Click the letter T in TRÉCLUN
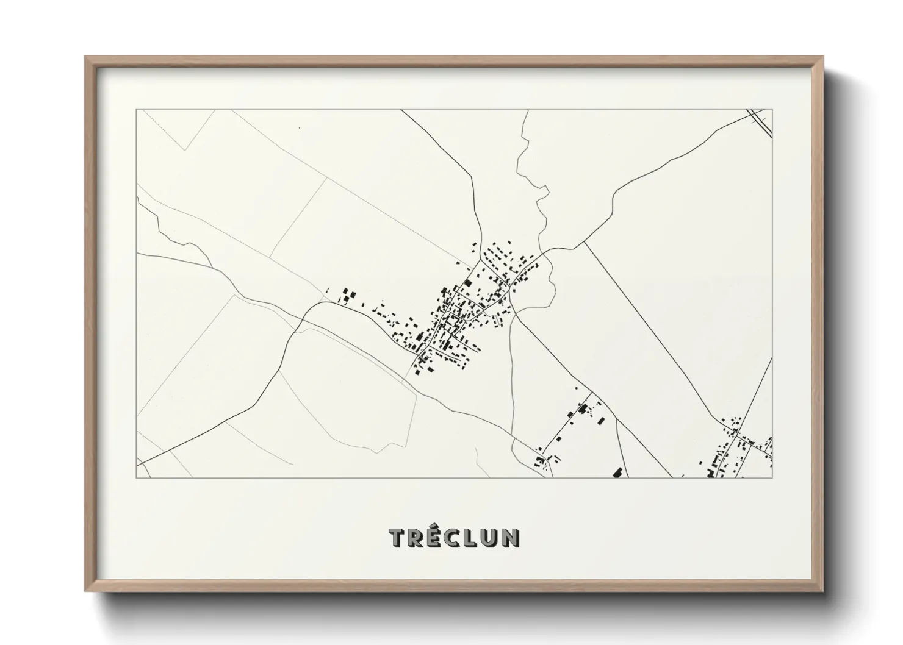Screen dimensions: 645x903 [398, 537]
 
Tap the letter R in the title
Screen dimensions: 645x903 [417, 537]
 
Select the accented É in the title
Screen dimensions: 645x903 [435, 536]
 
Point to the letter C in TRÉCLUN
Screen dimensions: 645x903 [455, 537]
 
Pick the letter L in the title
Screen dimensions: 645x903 [473, 537]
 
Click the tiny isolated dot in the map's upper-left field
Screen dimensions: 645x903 [299, 128]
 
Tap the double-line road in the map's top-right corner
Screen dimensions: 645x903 [760, 119]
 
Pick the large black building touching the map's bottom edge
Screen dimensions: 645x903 [617, 472]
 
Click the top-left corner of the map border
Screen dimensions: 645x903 [136, 110]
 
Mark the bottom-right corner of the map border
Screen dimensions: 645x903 [772, 477]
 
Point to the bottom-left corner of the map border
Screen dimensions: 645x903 [136, 477]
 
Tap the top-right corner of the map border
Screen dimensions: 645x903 [772, 110]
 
